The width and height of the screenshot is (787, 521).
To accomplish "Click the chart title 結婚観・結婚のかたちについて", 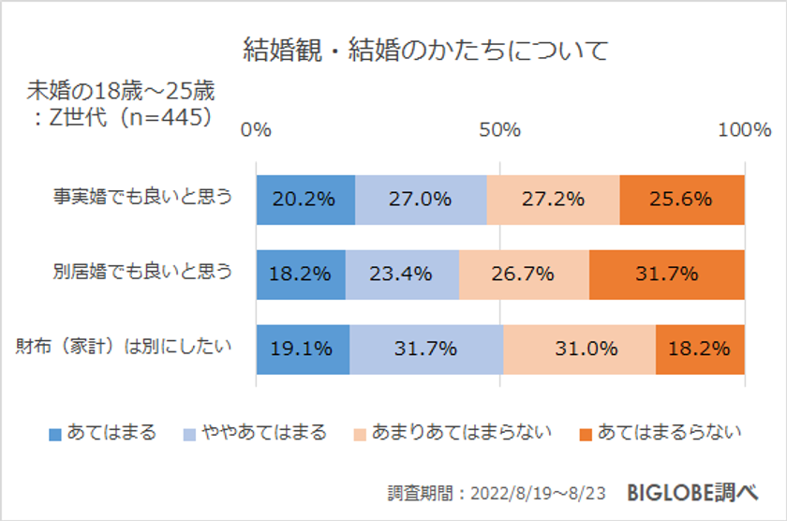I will (425, 49).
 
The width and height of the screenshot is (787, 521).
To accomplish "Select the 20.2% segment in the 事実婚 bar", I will (305, 199).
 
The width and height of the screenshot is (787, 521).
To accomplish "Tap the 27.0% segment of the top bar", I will (421, 199).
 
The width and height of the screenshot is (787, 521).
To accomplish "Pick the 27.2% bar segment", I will (553, 199).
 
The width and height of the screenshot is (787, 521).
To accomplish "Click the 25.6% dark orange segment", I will (681, 199).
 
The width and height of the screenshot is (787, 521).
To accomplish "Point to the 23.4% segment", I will (402, 274).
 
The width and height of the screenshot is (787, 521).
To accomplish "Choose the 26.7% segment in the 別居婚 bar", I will (524, 274).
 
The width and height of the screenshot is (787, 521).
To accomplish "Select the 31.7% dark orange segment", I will (666, 274).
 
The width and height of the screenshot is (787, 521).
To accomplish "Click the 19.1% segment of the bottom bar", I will (303, 349).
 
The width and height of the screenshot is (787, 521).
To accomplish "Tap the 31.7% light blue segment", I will (426, 349).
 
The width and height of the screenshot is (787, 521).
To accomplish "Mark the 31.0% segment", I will (579, 349).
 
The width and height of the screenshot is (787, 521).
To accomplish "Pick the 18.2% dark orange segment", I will (700, 349).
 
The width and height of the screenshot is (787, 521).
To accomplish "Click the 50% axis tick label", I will (499, 130).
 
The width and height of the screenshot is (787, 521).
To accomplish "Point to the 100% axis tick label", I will (744, 130).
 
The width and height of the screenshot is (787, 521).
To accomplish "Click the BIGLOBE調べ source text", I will (705, 491).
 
